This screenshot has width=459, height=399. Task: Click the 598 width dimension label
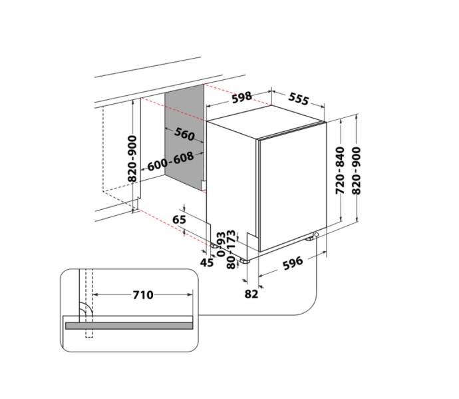(241, 97)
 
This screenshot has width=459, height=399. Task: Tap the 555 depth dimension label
(299, 100)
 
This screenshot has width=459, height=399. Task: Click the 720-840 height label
(341, 170)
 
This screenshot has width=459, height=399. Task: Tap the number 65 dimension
(179, 219)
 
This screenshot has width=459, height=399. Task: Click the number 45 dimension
(207, 262)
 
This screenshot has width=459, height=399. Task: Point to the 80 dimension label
(231, 262)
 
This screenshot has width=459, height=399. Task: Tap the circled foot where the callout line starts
(315, 235)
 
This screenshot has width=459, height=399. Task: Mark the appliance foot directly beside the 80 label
(243, 260)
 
